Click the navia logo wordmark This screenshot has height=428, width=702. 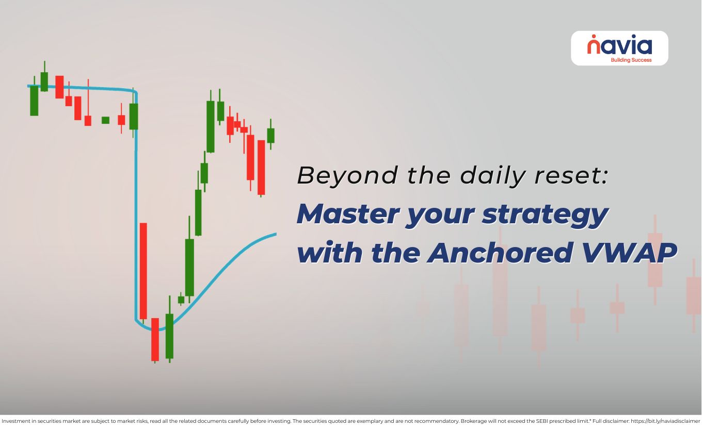coord(619,46)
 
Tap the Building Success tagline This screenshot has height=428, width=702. coord(631,60)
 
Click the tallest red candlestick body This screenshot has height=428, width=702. coord(143,271)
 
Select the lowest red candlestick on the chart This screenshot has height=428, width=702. coord(155,339)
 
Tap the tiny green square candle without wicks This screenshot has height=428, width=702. coord(105,120)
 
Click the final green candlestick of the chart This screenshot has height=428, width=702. coord(270,135)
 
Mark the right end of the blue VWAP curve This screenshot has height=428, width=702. coord(276,234)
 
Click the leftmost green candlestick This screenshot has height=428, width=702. coord(34,101)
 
